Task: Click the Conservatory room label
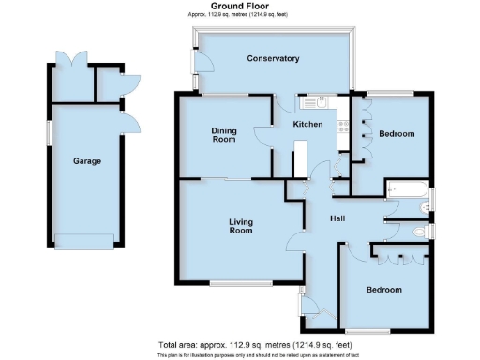[x=273, y=59]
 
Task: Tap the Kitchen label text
[x=308, y=125]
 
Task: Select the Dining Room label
[x=223, y=136]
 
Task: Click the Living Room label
[x=242, y=225]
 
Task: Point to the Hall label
[x=339, y=218]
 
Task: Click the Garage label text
[x=87, y=161]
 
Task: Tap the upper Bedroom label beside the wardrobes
[x=397, y=134]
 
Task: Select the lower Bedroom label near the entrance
[x=384, y=289]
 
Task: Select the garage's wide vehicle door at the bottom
[x=87, y=236]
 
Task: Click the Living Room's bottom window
[x=241, y=283]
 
